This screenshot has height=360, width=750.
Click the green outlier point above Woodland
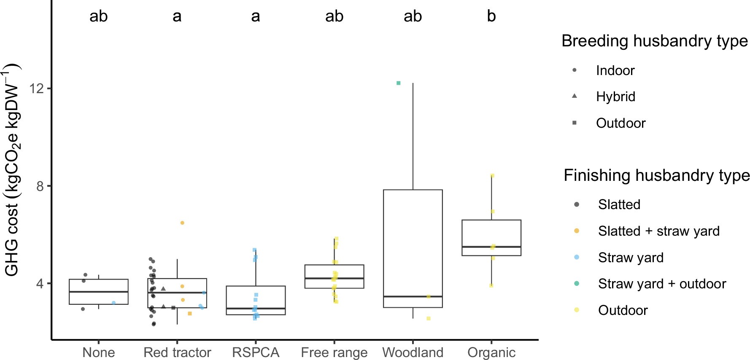coord(398,83)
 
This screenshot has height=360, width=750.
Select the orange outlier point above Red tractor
coord(182,223)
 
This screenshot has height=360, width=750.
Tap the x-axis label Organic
coord(491,352)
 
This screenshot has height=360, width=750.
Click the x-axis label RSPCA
coord(256,352)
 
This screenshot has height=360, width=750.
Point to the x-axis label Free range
coord(334,352)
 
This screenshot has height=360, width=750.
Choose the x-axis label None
coord(98,352)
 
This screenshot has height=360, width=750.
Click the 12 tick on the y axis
coord(38,89)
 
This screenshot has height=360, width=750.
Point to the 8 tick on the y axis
coord(40,186)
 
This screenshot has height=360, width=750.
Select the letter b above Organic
coord(491,16)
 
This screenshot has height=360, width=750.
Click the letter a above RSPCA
coord(256,16)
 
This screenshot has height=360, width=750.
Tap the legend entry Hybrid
coord(615,97)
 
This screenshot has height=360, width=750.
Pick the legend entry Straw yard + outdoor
coord(661,284)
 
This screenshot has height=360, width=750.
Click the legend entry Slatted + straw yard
coord(658,231)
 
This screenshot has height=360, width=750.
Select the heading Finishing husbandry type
coord(656,175)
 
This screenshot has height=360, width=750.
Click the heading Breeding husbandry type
coord(654,41)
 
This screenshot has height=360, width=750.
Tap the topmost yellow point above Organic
coord(492,176)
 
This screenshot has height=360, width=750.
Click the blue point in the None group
coord(113,303)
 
